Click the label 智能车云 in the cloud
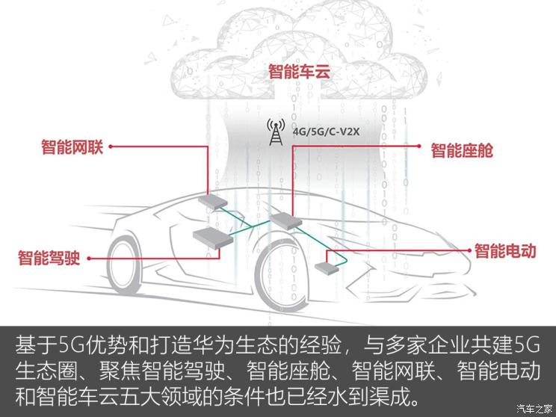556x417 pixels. pyautogui.click(x=299, y=72)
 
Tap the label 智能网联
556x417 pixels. pyautogui.click(x=71, y=146)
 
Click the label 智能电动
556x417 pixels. pyautogui.click(x=506, y=251)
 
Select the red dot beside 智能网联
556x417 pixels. pyautogui.click(x=111, y=146)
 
